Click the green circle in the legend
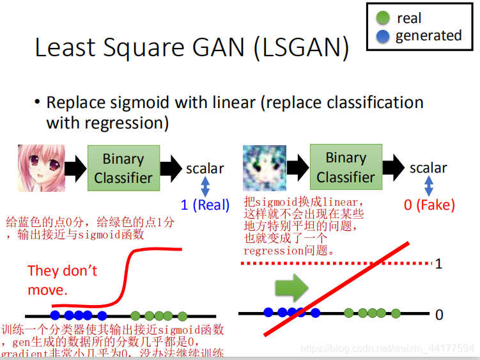383,18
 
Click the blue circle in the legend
383,36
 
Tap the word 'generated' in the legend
428,36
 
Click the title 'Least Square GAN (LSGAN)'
192,49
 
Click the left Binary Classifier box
123,168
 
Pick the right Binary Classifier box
346,167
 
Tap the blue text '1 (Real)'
205,205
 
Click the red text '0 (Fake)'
429,205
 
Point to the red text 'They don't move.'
62,280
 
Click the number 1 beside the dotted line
438,263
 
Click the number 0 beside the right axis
439,315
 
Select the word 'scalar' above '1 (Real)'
205,169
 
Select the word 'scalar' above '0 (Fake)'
428,168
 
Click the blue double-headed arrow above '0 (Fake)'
429,186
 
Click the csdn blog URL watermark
387,349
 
